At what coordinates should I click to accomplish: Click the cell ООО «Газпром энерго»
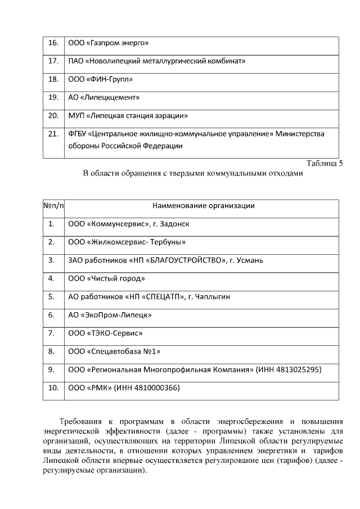(108, 43)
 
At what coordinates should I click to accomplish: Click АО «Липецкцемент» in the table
(103, 97)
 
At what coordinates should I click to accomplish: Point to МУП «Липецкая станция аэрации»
(128, 116)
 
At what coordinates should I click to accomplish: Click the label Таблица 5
(324, 164)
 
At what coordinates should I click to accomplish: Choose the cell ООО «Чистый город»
(106, 278)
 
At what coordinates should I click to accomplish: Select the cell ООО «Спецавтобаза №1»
(114, 352)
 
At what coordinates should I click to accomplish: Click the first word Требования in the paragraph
(81, 421)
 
